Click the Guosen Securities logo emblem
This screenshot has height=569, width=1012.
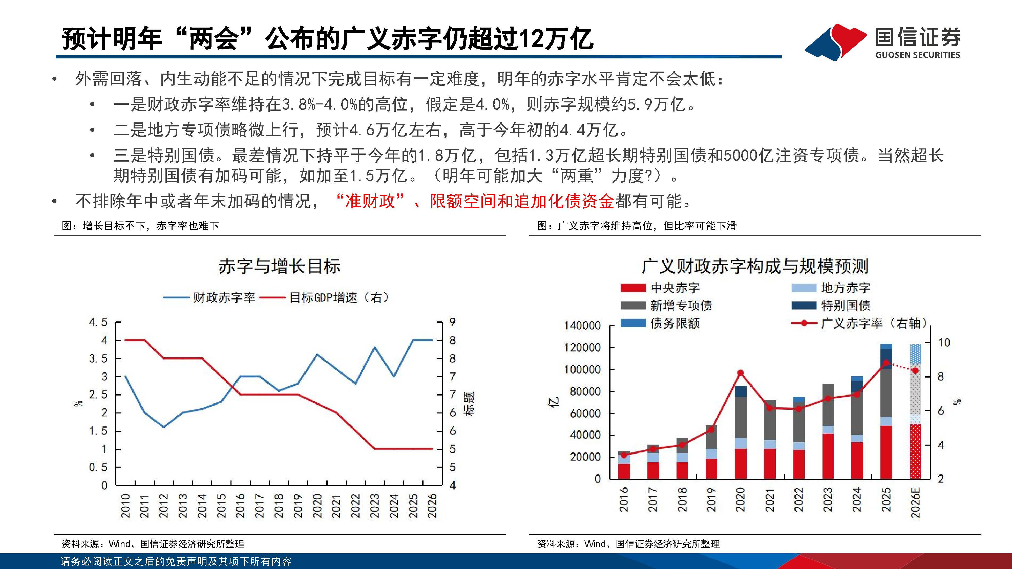point(836,42)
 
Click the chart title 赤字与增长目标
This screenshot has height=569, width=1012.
point(279,266)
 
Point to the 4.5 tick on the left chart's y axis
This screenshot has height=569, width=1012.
point(98,322)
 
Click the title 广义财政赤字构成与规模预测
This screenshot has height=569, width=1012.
point(755,266)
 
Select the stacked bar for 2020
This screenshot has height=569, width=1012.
point(741,432)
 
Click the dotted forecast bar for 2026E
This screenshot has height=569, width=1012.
point(915,412)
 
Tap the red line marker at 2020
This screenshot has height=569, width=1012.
point(741,373)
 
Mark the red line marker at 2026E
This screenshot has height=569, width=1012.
point(915,370)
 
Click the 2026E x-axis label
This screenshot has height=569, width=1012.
point(915,503)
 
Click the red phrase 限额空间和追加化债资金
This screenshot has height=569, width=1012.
point(522,201)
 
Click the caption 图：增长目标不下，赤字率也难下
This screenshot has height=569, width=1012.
point(140,226)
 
